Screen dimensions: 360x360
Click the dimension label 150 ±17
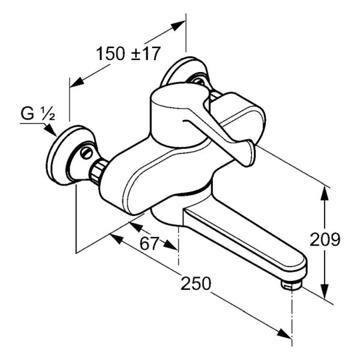(128, 54)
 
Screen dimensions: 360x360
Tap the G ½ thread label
(38, 113)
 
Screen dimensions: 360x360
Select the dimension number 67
(149, 244)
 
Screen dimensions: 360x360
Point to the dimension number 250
(196, 283)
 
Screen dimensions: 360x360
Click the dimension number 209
(325, 239)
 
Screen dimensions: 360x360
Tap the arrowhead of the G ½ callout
(50, 130)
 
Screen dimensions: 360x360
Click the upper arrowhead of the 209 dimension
(324, 194)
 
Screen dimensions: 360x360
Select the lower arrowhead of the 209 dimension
(324, 291)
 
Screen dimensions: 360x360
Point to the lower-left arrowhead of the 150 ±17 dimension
(77, 82)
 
